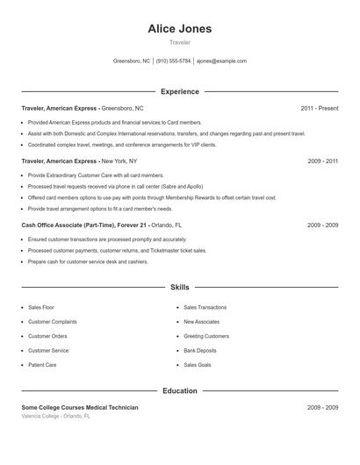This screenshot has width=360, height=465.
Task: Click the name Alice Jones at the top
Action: (180, 28)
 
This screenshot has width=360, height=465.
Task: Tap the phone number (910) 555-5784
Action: (174, 61)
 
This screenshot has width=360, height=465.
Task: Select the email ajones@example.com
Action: (221, 61)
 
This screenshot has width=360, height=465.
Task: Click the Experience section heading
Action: (180, 91)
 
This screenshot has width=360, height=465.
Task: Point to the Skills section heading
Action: (180, 287)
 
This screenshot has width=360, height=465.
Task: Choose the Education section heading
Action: (180, 390)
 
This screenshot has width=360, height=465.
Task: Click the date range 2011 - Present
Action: (319, 108)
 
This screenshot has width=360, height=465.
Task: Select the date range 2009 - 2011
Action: (322, 161)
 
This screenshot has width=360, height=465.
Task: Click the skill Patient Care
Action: (42, 364)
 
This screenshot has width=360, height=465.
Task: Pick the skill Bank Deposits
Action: (200, 350)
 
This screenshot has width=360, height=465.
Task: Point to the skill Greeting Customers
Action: (206, 336)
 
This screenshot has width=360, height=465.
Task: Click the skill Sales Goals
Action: (198, 364)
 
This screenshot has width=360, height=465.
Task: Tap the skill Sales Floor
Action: (41, 308)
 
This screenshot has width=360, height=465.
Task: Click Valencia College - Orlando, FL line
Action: (55, 416)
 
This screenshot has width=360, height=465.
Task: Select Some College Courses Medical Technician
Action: (80, 408)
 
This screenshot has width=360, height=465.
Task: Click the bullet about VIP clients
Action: (111, 145)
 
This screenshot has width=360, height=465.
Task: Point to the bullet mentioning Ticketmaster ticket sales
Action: (118, 250)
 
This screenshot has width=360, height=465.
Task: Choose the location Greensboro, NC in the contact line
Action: (132, 61)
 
